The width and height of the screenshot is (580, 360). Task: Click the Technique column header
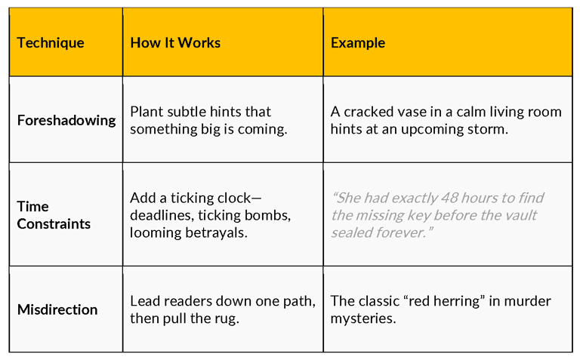click(51, 43)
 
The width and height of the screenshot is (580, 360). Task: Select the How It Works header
click(175, 43)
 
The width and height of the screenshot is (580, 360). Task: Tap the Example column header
click(358, 43)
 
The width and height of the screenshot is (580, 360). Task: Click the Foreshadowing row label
click(66, 121)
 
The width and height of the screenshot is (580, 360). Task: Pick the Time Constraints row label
click(54, 215)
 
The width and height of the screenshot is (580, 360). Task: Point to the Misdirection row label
click(57, 309)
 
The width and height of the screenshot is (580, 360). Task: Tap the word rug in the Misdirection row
click(227, 319)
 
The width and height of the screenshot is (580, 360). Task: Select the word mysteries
click(363, 319)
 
